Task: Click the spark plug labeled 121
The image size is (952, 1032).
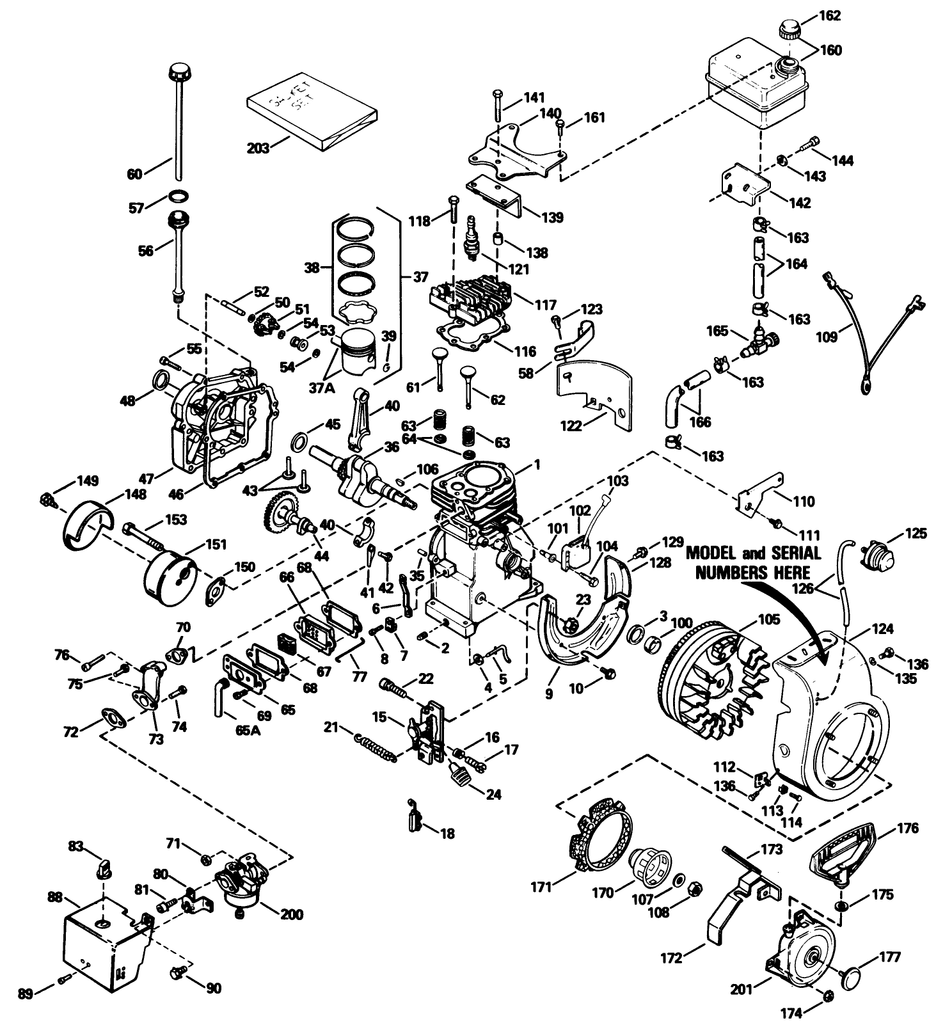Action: pyautogui.click(x=474, y=238)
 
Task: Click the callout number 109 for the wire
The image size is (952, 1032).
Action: pyautogui.click(x=827, y=337)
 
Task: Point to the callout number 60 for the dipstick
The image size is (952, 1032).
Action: pyautogui.click(x=135, y=173)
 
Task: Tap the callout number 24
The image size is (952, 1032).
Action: pyautogui.click(x=493, y=795)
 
